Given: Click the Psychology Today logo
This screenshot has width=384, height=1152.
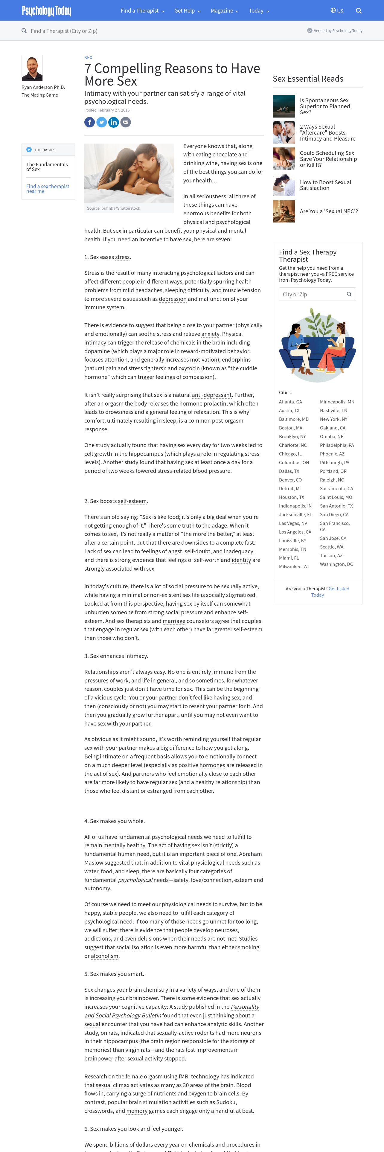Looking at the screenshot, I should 46,11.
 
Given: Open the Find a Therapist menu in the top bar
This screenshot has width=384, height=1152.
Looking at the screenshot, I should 142,11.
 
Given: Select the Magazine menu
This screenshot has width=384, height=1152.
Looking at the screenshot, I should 224,11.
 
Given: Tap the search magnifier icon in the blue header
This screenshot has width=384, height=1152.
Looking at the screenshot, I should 359,11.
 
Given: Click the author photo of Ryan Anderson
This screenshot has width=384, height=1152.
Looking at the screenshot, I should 32,68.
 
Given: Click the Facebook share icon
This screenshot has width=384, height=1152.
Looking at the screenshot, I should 89,122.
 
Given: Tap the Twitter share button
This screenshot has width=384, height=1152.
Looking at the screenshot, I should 101,122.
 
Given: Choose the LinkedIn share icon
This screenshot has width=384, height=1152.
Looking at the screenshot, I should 114,122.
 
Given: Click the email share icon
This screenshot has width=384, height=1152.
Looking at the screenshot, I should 126,122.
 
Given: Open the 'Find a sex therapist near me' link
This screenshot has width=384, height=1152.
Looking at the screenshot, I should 47,189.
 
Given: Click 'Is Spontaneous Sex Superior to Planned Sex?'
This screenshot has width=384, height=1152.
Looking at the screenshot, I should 324,106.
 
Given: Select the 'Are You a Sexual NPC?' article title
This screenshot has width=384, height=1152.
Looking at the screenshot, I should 329,211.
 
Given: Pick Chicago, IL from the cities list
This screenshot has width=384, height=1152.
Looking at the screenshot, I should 290,454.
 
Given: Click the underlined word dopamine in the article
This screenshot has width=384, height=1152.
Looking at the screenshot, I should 97,351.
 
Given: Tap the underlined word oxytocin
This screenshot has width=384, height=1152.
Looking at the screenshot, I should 189,368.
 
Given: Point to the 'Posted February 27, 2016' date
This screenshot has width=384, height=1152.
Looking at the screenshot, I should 107,110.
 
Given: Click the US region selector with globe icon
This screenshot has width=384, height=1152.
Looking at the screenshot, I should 337,11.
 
